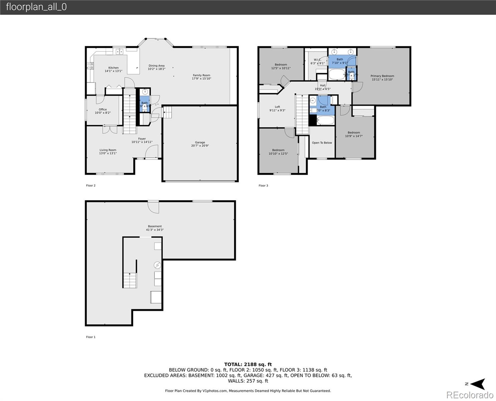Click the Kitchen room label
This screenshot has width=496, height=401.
pos(113,68)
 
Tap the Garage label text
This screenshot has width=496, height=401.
pos(200,142)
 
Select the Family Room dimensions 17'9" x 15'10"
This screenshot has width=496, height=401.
pos(202,79)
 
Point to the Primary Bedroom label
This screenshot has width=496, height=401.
pos(382,76)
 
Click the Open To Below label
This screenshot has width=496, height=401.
pos(322,143)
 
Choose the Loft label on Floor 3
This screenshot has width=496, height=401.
pos(277,107)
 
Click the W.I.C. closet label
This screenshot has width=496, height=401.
pos(317,60)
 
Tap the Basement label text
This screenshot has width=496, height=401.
pos(155,226)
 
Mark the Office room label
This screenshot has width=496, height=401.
pos(103,110)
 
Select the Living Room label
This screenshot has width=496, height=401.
pos(108,150)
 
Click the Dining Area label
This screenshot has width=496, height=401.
pos(156,66)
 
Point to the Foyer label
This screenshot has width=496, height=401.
pos(142,139)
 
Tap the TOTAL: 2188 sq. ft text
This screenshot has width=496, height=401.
pos(248,364)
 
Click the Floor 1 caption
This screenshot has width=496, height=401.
pos(91,337)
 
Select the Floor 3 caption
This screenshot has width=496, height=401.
pos(263,185)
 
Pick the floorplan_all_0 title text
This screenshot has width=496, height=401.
pos(36,7)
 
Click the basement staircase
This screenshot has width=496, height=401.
pos(130,280)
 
